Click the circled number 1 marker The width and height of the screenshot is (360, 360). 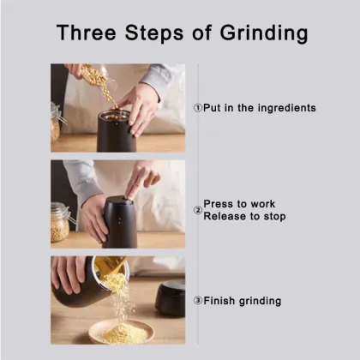point(197,108)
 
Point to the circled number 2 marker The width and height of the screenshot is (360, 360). point(197,210)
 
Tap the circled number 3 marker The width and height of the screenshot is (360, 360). point(197,301)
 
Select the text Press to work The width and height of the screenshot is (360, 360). point(239,204)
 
